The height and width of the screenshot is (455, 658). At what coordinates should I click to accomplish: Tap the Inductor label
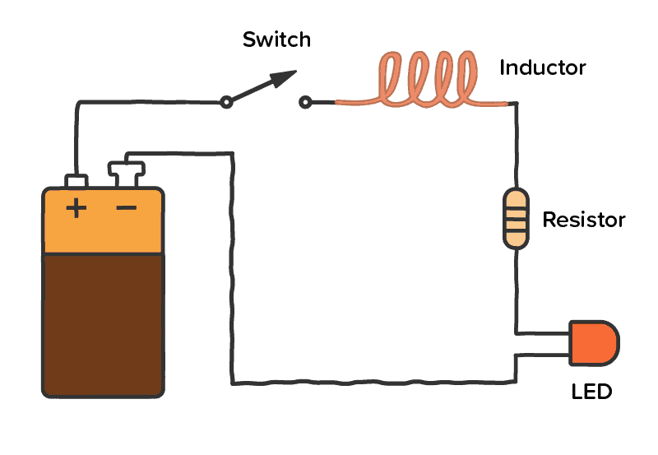(x=542, y=67)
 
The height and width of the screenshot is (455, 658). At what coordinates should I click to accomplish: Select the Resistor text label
(x=583, y=221)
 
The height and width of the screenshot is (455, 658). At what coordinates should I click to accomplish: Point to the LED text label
(x=591, y=392)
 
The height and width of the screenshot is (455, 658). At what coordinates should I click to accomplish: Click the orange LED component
(x=594, y=343)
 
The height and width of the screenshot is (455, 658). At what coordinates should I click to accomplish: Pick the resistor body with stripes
(x=516, y=218)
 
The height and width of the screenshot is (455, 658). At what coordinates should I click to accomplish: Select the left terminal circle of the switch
(x=225, y=103)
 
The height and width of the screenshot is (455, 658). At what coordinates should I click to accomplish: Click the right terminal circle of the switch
(x=305, y=103)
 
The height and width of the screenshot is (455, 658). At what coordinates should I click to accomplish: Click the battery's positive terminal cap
(x=76, y=180)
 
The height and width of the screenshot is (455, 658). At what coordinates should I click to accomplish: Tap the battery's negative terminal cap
(x=127, y=174)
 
